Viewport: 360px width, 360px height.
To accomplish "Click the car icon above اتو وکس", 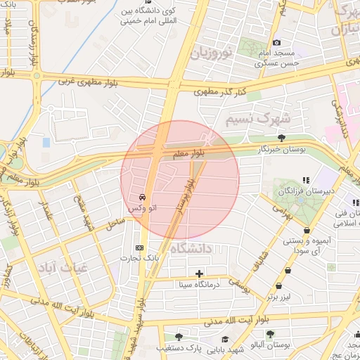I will tap(143, 197).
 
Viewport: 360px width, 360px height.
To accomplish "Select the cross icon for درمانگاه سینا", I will tap(200, 273).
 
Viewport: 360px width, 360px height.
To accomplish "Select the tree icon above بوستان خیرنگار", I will tap(282, 138).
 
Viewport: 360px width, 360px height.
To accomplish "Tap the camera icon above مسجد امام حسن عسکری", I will tap(276, 43).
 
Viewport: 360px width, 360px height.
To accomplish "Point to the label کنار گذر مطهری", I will tap(221, 91).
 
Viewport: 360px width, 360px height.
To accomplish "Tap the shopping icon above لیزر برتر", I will tap(280, 286).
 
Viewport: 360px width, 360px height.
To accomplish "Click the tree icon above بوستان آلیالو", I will tap(270, 333).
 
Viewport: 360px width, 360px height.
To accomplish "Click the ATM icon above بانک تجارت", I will tap(139, 247).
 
